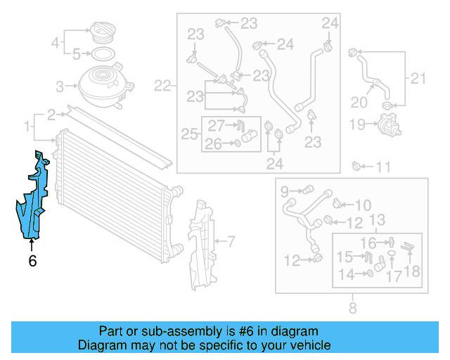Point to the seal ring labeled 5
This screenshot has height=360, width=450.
(x=101, y=53)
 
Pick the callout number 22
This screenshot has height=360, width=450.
(x=163, y=86)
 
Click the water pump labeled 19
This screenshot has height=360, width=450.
(x=385, y=125)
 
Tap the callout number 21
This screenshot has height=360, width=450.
(x=418, y=78)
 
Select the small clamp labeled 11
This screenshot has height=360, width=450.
(x=359, y=167)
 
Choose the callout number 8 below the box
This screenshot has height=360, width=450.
(x=352, y=307)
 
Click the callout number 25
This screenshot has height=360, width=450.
(x=188, y=133)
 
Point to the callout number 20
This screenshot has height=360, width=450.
(x=359, y=103)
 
